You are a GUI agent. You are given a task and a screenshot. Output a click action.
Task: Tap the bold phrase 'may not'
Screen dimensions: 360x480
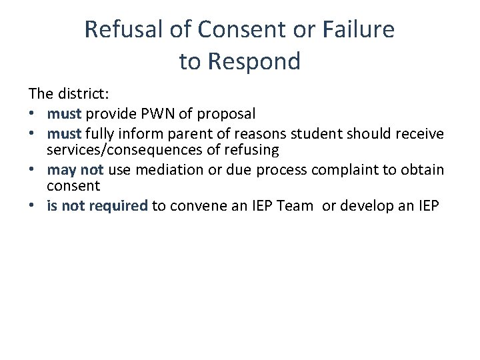tap(75, 169)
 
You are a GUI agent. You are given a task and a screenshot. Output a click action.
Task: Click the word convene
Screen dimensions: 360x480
tap(197, 205)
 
